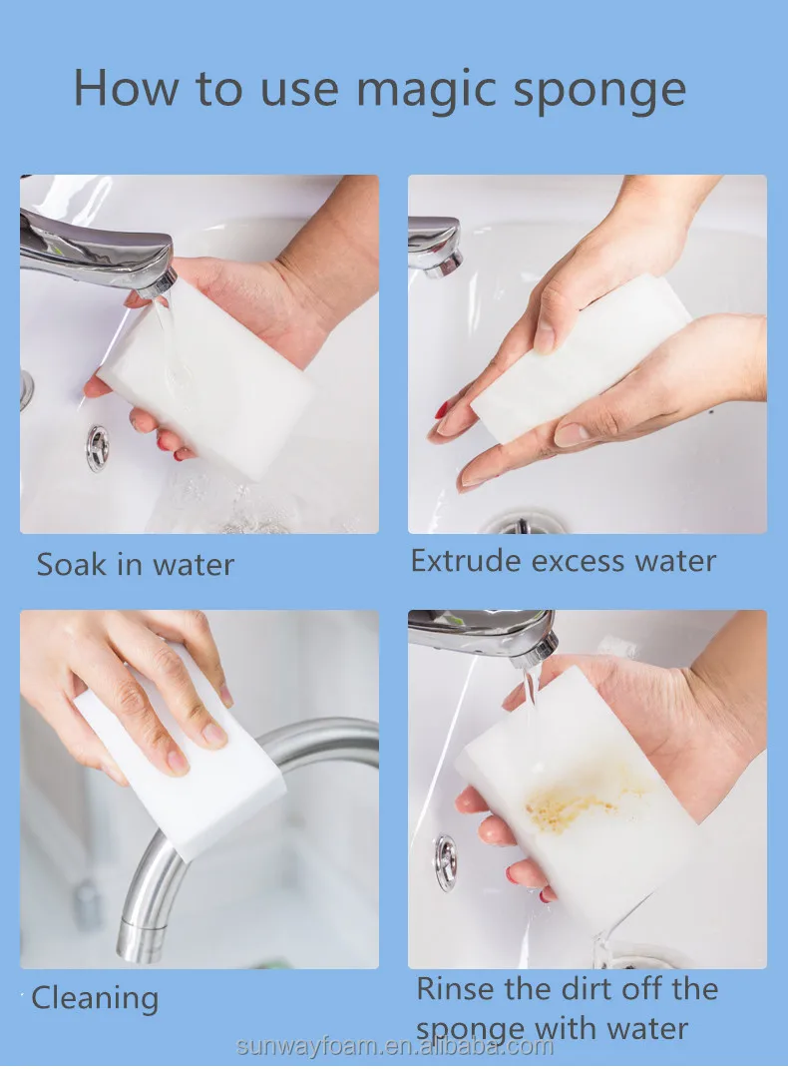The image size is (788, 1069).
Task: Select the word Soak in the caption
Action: (71, 565)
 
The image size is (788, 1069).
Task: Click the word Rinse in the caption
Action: (456, 989)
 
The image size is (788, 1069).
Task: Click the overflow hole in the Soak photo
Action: (98, 448)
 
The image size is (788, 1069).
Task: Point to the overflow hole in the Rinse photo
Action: (446, 862)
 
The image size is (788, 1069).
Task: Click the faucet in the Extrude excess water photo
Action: (435, 245)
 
